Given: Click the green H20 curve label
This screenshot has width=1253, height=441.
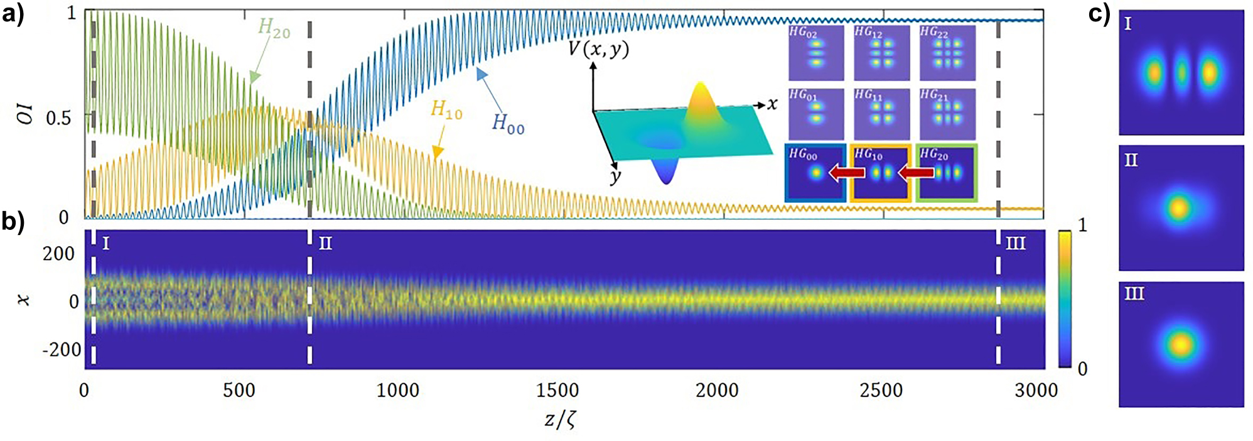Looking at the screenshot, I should [x=274, y=28].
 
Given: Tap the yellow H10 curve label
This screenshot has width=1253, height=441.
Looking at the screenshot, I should [x=446, y=110].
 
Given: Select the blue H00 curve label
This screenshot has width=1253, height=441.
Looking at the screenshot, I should [x=508, y=123].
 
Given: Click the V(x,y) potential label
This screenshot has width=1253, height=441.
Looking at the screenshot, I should [x=598, y=49].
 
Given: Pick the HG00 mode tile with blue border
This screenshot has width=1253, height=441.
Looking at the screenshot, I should [x=815, y=173].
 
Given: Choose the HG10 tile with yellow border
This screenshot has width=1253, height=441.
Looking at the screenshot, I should [x=881, y=173].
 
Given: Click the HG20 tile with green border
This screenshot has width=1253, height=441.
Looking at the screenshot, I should [x=947, y=173].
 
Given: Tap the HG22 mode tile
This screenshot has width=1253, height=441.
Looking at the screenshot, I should [x=947, y=53].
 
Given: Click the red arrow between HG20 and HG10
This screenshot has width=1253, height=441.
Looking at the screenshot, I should [x=916, y=172].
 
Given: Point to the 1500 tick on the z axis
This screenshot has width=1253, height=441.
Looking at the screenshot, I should [x=557, y=390].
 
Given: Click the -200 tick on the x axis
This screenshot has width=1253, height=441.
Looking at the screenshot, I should [x=62, y=349].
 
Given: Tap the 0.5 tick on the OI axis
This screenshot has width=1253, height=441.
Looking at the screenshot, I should [x=58, y=117].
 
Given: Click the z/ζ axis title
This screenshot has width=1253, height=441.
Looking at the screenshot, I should [x=560, y=418].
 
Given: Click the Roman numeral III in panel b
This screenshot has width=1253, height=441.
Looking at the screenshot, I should [x=1015, y=243].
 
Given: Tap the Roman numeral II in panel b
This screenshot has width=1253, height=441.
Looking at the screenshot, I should [x=325, y=243].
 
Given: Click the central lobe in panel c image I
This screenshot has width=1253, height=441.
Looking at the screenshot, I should [x=1181, y=73].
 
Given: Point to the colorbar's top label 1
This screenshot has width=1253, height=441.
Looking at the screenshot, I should [x=1082, y=226].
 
